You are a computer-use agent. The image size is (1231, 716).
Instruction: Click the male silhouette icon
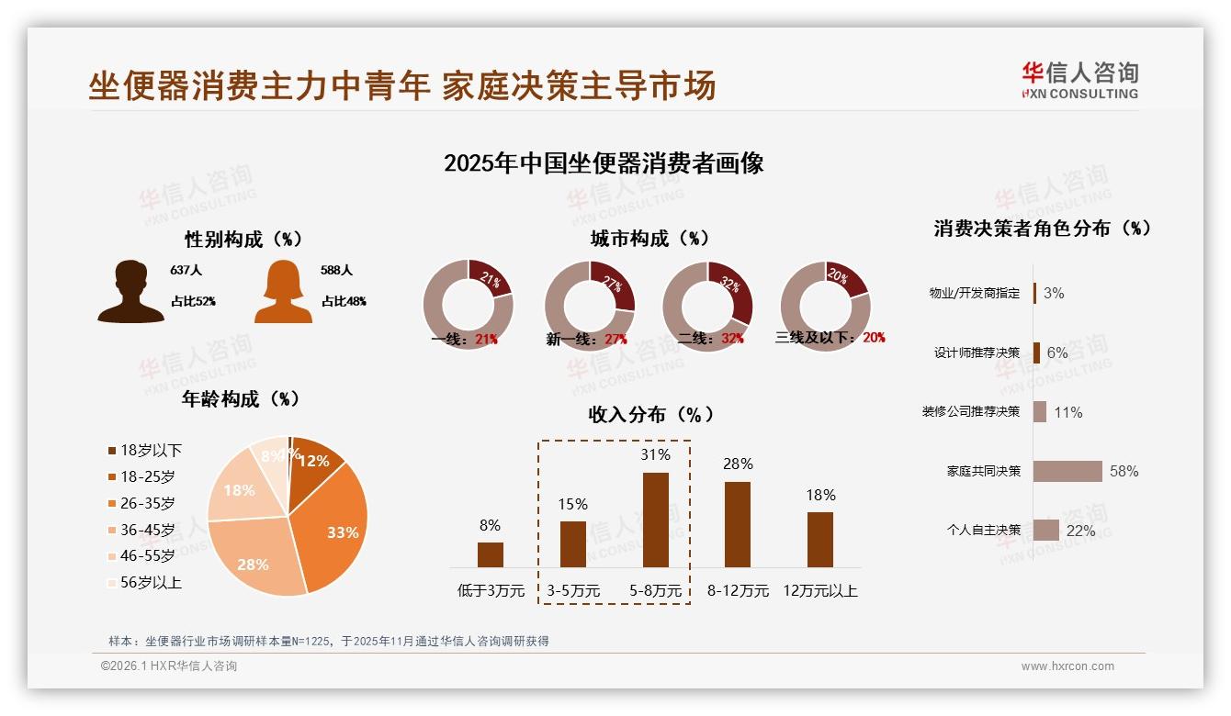pos(130,292)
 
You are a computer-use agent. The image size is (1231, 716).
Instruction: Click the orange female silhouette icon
pos(283,292)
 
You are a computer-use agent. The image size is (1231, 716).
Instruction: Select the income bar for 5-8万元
pos(655,520)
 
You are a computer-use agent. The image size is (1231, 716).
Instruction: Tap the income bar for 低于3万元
pos(491,554)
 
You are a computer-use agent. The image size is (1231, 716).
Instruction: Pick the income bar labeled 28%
pos(737,524)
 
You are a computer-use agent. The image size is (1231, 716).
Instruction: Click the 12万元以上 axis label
pos(819,591)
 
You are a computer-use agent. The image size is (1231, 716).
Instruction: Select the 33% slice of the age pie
pos(335,528)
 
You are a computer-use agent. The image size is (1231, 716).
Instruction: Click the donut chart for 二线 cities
pos(707,306)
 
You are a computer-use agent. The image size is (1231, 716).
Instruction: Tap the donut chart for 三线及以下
pos(825,306)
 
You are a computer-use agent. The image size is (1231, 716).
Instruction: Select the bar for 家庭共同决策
pos(1067,471)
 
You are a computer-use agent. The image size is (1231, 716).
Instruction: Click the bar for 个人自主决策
pos(1046,530)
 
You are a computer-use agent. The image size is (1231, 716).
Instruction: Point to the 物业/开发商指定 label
pos(974,294)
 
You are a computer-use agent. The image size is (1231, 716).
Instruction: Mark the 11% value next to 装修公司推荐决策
pos(1067,412)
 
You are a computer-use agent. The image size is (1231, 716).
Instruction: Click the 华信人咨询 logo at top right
pos(1079,81)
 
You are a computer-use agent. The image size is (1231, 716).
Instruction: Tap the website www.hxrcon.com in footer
pos(1067,666)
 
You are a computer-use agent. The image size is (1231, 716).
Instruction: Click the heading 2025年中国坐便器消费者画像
pos(604,163)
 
